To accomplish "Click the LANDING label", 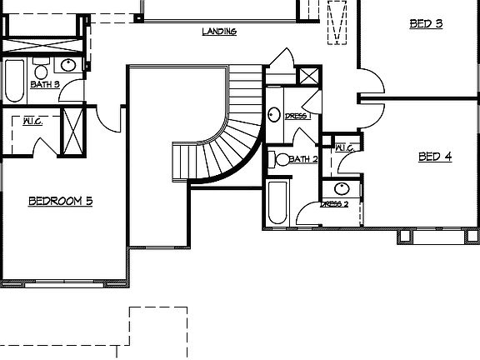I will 220,32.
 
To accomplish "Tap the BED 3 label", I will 426,23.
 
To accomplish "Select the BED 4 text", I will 434,156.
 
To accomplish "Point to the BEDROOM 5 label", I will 60,200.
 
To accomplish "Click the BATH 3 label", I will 45,84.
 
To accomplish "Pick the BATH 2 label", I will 303,158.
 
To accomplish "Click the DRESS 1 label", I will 297,116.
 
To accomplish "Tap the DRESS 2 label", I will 335,204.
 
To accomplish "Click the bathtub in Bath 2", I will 277,204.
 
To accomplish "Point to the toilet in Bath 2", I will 281,159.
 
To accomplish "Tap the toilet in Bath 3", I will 41,67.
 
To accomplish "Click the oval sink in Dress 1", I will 274,115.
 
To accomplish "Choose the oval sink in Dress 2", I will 341,188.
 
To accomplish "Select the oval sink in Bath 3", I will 69,65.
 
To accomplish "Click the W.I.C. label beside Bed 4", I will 345,148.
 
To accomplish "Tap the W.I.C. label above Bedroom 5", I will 32,120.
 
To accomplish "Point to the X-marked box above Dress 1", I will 308,76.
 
